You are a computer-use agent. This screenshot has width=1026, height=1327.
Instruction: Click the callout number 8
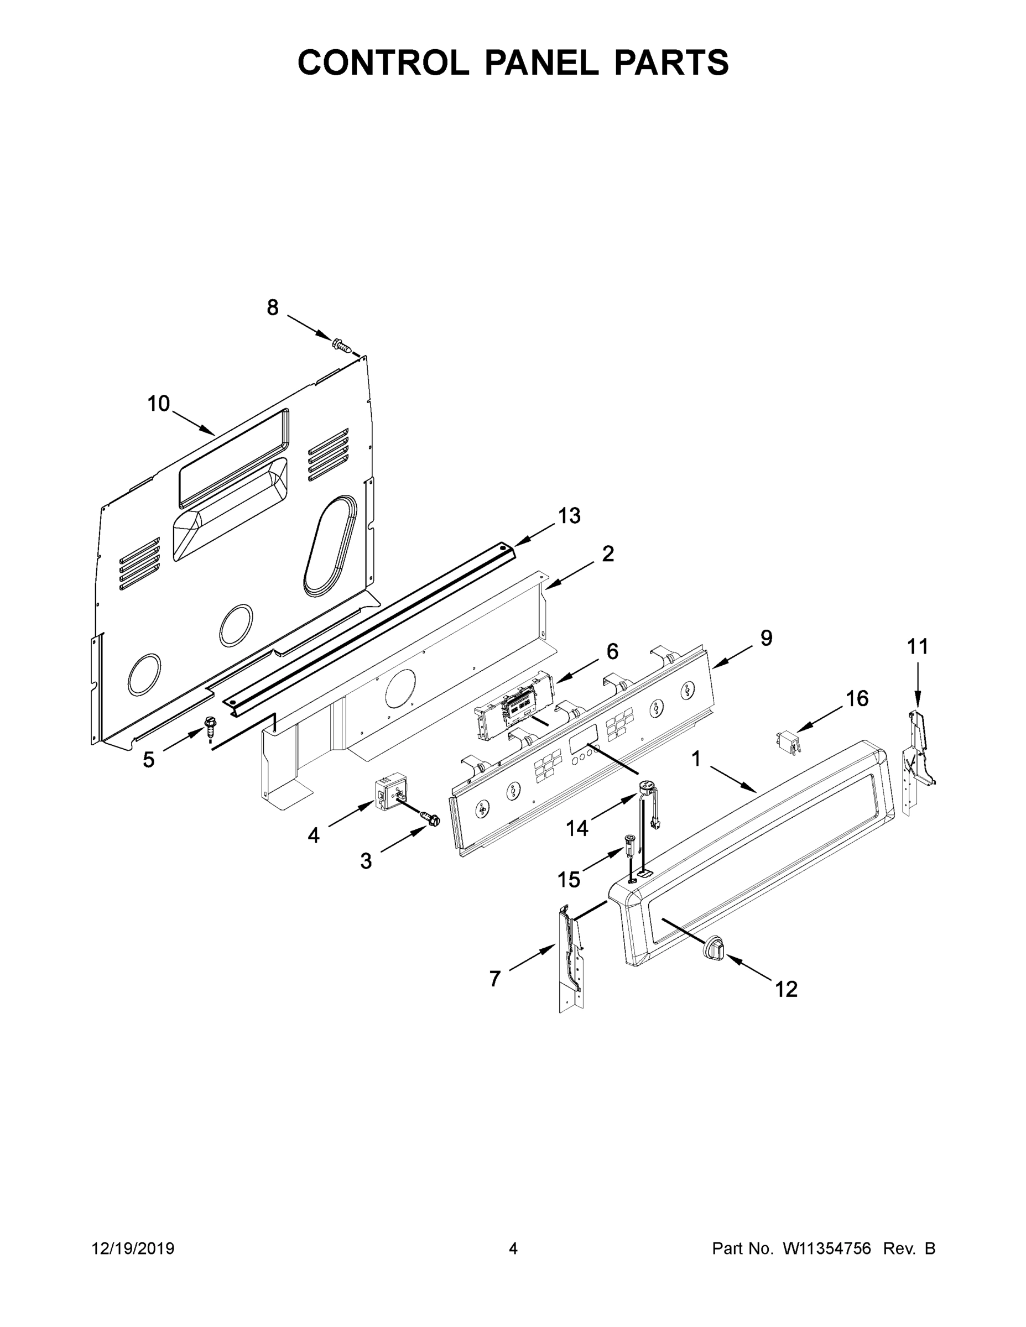[x=273, y=308]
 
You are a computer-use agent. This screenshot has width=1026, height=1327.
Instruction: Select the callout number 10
[x=159, y=404]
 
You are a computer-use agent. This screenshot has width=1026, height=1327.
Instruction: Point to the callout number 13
[x=570, y=516]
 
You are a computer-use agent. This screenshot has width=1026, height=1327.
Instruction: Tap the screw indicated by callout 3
[x=431, y=819]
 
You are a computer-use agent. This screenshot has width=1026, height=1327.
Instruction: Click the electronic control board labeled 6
[x=515, y=705]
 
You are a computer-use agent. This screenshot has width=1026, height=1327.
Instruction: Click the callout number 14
[x=577, y=828]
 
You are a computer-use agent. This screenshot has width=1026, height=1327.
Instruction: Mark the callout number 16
[x=857, y=699]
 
